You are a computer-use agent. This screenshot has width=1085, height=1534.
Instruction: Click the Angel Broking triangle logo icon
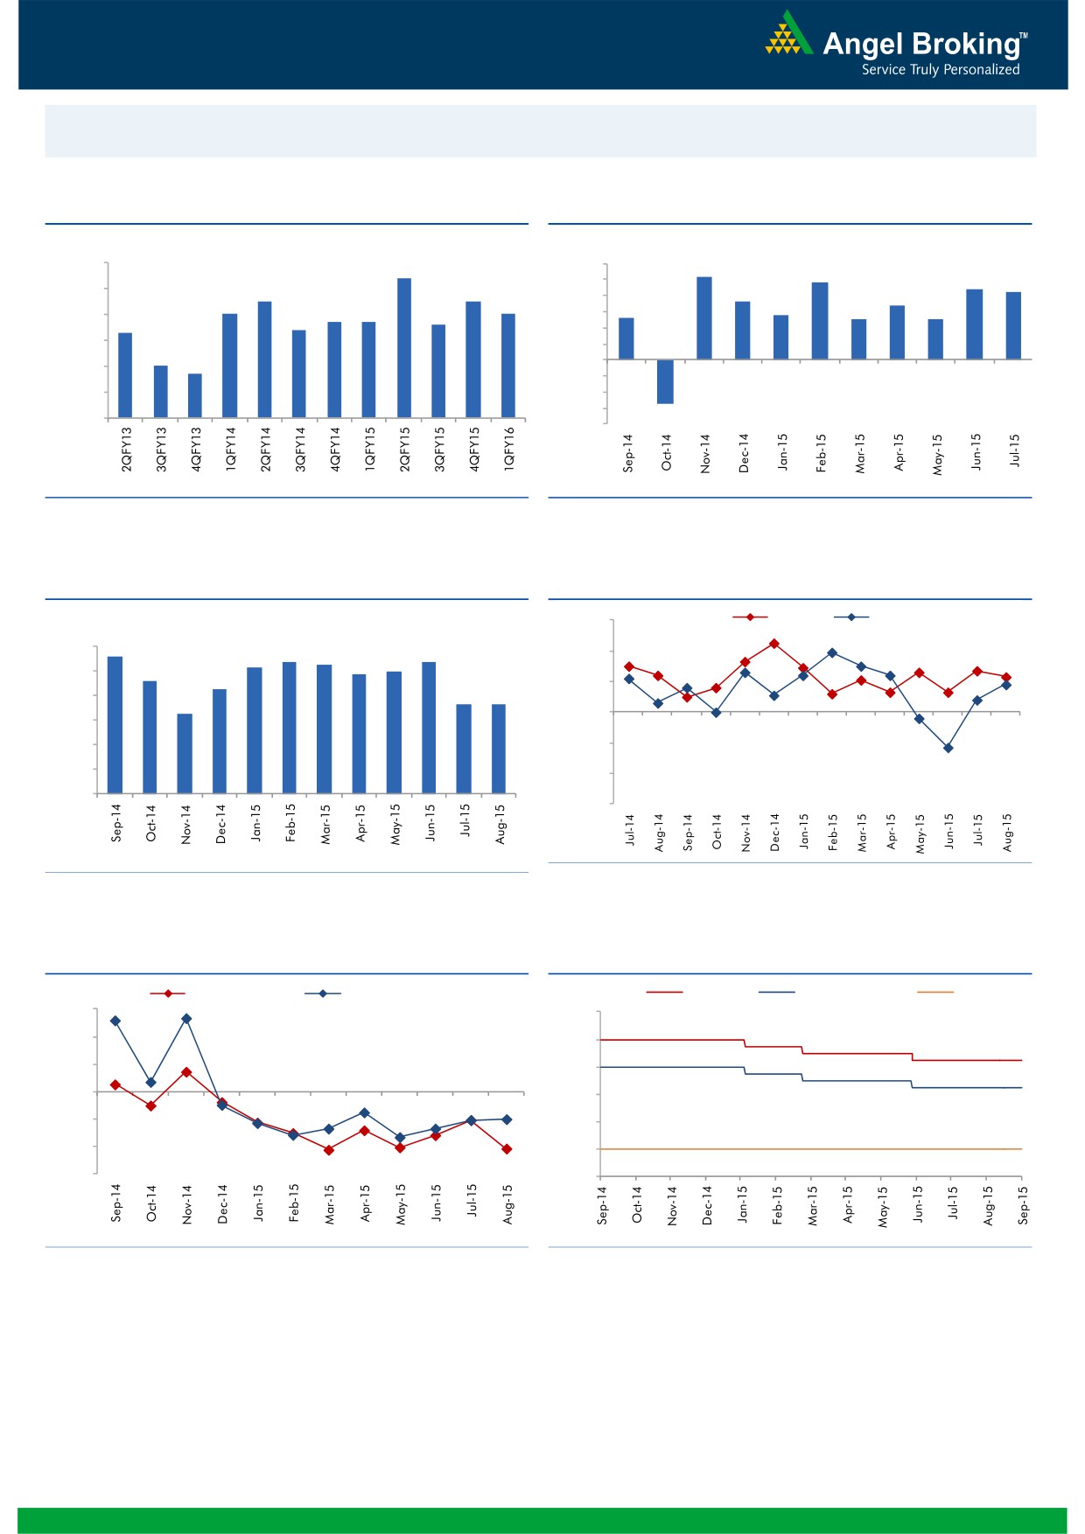tap(787, 34)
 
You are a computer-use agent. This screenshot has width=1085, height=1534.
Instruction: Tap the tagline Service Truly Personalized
tap(941, 70)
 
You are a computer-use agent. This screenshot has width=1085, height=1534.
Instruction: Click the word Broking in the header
tap(968, 44)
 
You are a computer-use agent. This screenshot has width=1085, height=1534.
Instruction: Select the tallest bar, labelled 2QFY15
tap(404, 347)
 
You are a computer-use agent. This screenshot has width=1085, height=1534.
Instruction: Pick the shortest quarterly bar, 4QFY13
tap(195, 395)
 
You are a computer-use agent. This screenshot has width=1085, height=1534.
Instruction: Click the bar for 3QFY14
tap(299, 373)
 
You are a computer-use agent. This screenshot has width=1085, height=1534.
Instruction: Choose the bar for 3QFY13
tap(161, 391)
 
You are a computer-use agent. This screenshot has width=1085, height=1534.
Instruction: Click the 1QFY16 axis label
tap(509, 450)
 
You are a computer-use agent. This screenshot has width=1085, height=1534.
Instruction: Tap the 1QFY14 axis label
tap(231, 450)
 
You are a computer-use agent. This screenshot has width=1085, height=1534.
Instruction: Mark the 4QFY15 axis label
tap(474, 450)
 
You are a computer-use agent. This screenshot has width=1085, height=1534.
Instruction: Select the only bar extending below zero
tap(666, 381)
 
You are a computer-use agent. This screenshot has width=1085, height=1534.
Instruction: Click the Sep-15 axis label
tap(1023, 1205)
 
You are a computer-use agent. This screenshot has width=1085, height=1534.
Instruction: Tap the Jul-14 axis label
tap(630, 829)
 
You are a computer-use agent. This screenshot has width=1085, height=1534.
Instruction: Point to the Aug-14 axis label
tap(659, 833)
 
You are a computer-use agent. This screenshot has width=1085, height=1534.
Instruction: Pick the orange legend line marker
tap(934, 992)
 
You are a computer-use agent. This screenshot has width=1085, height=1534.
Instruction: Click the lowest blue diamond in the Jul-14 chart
tap(948, 748)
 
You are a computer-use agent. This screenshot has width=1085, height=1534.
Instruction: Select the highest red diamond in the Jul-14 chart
tap(774, 644)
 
